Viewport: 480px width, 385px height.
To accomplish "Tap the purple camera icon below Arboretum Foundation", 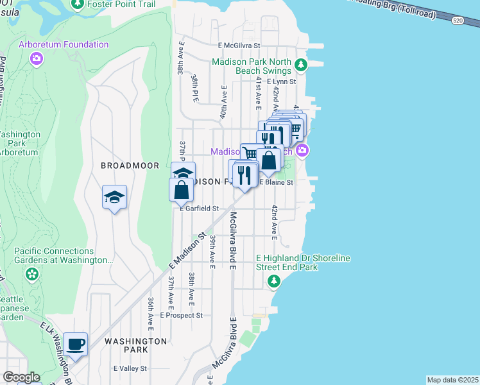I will click(37, 59).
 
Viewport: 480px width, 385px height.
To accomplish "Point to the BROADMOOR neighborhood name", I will click(130, 166).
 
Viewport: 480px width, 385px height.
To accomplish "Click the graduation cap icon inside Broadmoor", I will click(114, 198).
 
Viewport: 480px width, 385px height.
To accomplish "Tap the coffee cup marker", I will click(75, 345).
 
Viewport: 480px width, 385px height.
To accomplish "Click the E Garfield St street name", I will click(200, 209).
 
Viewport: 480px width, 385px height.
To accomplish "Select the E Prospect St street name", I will click(182, 316).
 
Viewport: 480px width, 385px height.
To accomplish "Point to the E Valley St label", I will click(130, 368).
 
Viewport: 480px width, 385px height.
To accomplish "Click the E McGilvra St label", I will click(239, 46).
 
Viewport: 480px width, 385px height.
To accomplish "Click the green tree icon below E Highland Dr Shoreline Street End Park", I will click(274, 281).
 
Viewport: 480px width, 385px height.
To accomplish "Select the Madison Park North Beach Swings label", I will click(261, 66).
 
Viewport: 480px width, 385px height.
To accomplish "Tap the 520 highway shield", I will click(457, 21).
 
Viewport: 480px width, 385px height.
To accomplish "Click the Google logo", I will click(21, 377).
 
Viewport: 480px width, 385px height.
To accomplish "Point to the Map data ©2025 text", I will click(452, 380).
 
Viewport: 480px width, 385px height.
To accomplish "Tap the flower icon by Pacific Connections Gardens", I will click(32, 275).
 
